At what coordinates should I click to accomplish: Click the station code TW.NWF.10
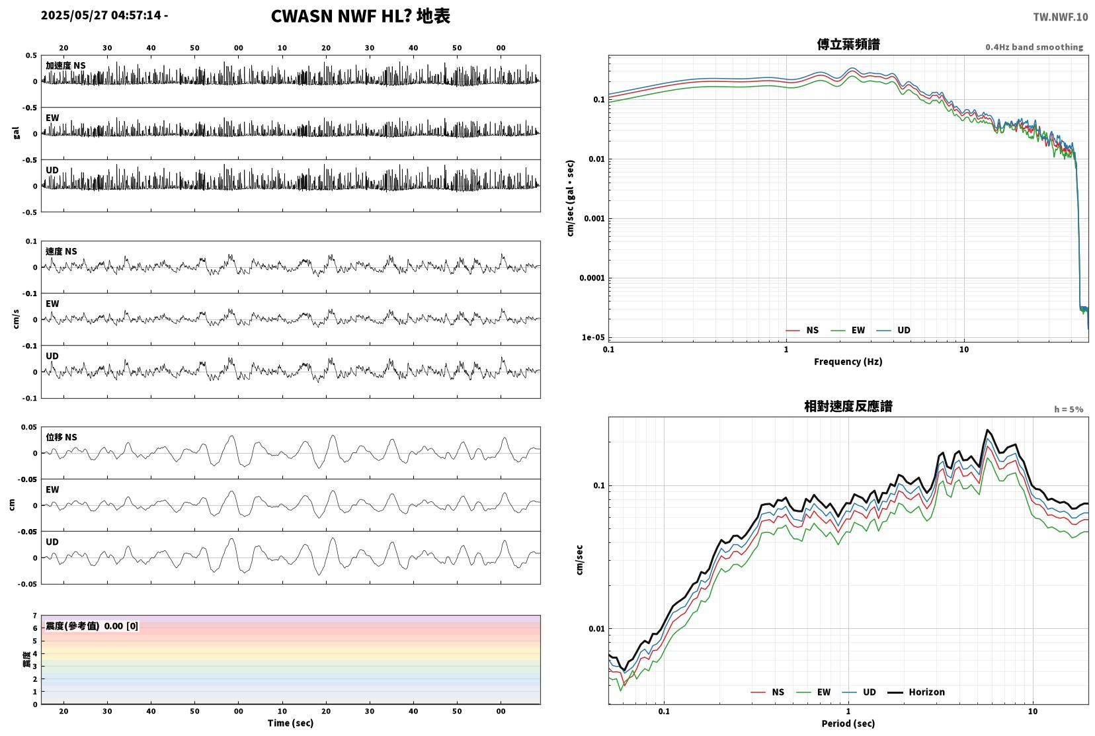[1061, 17]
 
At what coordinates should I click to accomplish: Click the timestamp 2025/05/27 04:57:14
[101, 15]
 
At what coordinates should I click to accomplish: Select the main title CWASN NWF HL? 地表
[360, 16]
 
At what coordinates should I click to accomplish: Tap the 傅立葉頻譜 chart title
[848, 44]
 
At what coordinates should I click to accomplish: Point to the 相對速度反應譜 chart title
[848, 406]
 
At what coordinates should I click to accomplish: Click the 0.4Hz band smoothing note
[1034, 47]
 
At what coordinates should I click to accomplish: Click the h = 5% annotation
[1068, 409]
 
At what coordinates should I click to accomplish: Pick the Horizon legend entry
[916, 692]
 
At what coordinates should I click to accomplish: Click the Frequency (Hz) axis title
[848, 362]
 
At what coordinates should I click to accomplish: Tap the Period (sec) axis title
[848, 723]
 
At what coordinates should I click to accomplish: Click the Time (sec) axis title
[290, 723]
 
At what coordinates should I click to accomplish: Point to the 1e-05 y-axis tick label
[593, 337]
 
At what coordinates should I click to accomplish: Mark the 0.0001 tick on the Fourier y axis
[592, 278]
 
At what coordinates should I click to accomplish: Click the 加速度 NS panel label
[65, 65]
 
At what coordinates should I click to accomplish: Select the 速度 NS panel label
[61, 251]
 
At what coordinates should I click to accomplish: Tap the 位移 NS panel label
[61, 437]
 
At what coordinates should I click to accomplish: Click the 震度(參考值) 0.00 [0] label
[92, 626]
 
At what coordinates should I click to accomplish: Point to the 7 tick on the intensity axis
[34, 616]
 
